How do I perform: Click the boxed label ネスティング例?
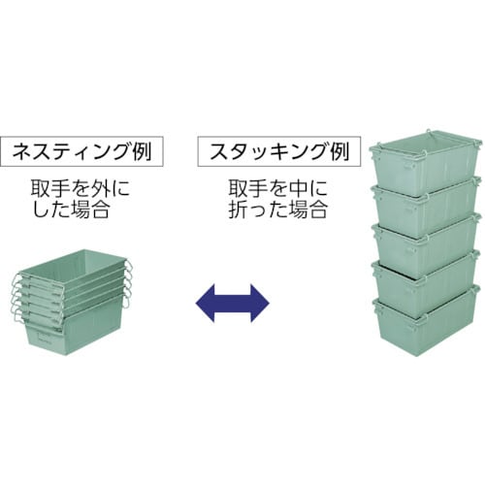(81, 151)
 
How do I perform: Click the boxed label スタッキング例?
(279, 151)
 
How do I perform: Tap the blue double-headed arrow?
(233, 303)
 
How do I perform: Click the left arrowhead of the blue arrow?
(206, 303)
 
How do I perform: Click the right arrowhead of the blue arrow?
(260, 303)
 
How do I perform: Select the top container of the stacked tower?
(426, 162)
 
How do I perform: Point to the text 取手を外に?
(81, 188)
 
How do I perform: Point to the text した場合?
(71, 210)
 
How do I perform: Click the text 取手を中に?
(278, 188)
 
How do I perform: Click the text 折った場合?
(278, 210)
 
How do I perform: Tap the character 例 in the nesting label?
(142, 151)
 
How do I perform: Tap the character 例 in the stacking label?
(339, 151)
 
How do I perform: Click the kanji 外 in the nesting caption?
(100, 188)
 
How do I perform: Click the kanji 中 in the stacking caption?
(298, 188)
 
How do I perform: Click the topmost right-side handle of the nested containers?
(128, 267)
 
